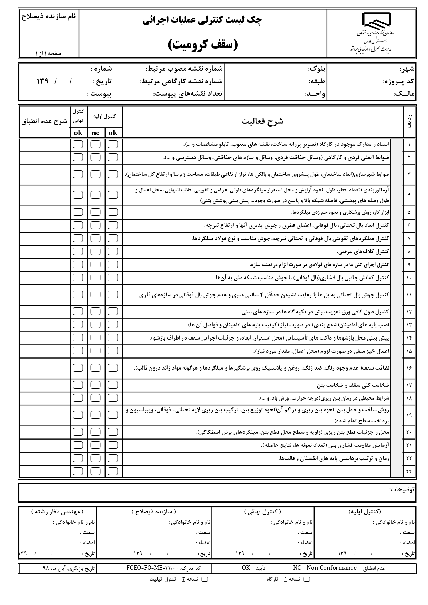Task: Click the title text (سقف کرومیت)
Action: pos(203,44)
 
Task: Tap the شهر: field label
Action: pos(408,69)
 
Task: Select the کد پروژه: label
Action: pos(399,82)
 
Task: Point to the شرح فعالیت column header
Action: pos(262,121)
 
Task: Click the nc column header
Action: pos(96,133)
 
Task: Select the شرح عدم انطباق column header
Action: pos(44,121)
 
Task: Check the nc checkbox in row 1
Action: pos(96,144)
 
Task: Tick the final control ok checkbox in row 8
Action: pos(78,252)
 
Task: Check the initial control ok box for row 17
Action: pos(113,385)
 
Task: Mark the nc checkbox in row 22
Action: pos(96,458)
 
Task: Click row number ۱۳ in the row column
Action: pos(409,325)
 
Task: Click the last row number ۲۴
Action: pos(409,471)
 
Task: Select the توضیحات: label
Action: pos(402,490)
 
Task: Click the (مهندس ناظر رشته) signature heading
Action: pos(57,512)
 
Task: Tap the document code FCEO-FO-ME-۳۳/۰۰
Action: pos(152,568)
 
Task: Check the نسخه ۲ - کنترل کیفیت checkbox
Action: pos(205,579)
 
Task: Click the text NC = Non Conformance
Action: pos(325,568)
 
